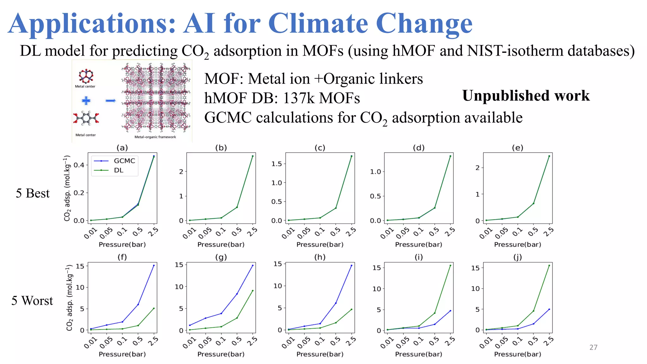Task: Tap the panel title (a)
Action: pos(122,148)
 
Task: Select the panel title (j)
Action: pos(517,257)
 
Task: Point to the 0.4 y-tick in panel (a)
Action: pos(79,165)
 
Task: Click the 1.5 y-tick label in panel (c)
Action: pos(276,164)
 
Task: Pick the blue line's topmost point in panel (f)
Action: pos(154,265)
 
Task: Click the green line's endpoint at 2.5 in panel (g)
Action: pos(253,291)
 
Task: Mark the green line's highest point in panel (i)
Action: pos(450,265)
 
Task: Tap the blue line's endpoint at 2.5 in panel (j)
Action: pos(549,309)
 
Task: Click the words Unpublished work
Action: pos(526,95)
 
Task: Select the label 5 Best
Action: pos(33,193)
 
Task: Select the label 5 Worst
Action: pos(32,300)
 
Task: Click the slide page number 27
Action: pos(593,347)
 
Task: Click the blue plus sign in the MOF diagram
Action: pos(86,101)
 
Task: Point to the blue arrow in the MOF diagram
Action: pos(111,101)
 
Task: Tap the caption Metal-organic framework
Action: pos(155,137)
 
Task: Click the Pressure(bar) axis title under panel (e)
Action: pos(517,245)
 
